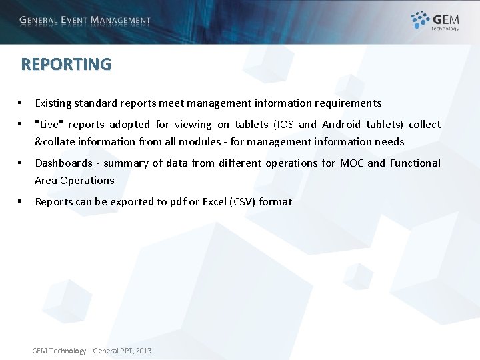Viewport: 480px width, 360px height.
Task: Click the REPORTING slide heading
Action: [x=66, y=64]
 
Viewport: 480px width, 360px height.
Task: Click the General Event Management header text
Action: [x=85, y=20]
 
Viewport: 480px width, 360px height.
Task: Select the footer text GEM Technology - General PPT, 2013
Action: [x=92, y=351]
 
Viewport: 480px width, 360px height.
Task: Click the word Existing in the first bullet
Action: [x=53, y=103]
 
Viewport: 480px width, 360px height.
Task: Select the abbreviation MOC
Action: [x=352, y=163]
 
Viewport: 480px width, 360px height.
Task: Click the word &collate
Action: [x=55, y=142]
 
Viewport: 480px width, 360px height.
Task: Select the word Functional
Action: [x=415, y=163]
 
